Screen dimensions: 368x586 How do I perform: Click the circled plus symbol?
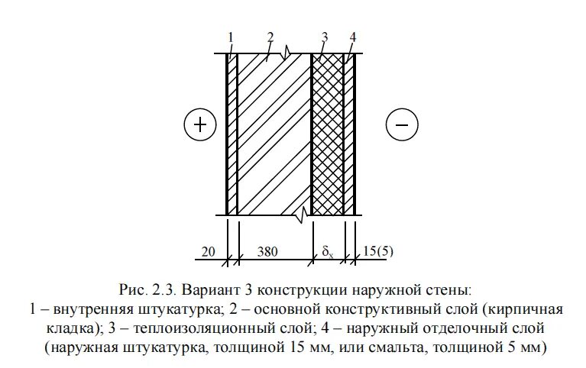pyautogui.click(x=200, y=124)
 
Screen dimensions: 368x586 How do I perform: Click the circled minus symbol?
pyautogui.click(x=402, y=124)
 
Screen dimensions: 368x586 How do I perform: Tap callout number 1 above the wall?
pyautogui.click(x=230, y=37)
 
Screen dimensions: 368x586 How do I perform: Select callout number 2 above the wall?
pyautogui.click(x=270, y=37)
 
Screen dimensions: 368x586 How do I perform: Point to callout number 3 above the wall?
pyautogui.click(x=325, y=37)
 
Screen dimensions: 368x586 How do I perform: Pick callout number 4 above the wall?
pyautogui.click(x=352, y=37)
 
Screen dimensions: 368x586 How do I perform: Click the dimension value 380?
pyautogui.click(x=273, y=251)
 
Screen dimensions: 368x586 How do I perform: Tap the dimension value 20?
pyautogui.click(x=209, y=251)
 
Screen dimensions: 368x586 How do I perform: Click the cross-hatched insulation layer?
pyautogui.click(x=327, y=134)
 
